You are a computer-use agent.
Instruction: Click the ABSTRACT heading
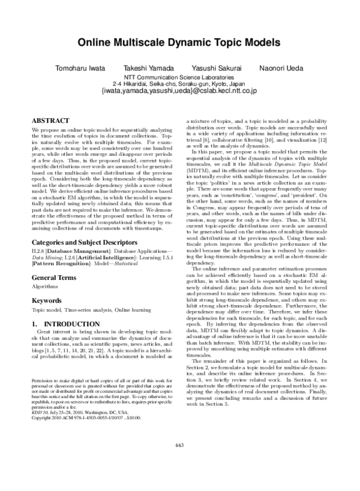tap(50, 121)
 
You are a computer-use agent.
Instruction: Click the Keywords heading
tap(47, 299)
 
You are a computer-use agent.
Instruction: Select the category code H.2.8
tap(37, 246)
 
